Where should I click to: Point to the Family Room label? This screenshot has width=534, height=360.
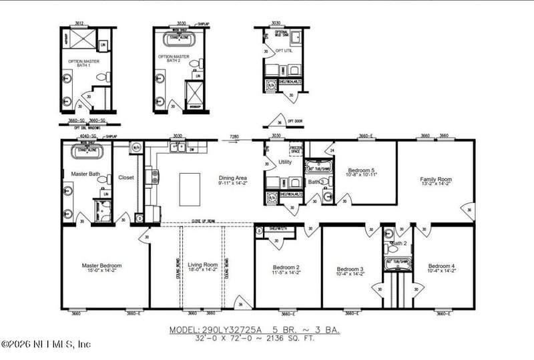(436, 180)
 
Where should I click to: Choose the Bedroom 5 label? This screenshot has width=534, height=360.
(362, 171)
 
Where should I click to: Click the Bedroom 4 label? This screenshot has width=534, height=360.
(443, 266)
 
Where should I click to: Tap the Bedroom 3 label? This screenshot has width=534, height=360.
(350, 269)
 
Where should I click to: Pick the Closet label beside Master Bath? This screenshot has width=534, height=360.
(126, 178)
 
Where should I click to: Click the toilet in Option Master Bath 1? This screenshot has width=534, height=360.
(101, 77)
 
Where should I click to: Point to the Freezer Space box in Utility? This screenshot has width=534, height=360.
(296, 148)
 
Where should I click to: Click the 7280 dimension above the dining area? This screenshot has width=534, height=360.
(234, 136)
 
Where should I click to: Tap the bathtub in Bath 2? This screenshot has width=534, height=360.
(398, 262)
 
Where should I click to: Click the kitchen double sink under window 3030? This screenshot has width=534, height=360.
(178, 147)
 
